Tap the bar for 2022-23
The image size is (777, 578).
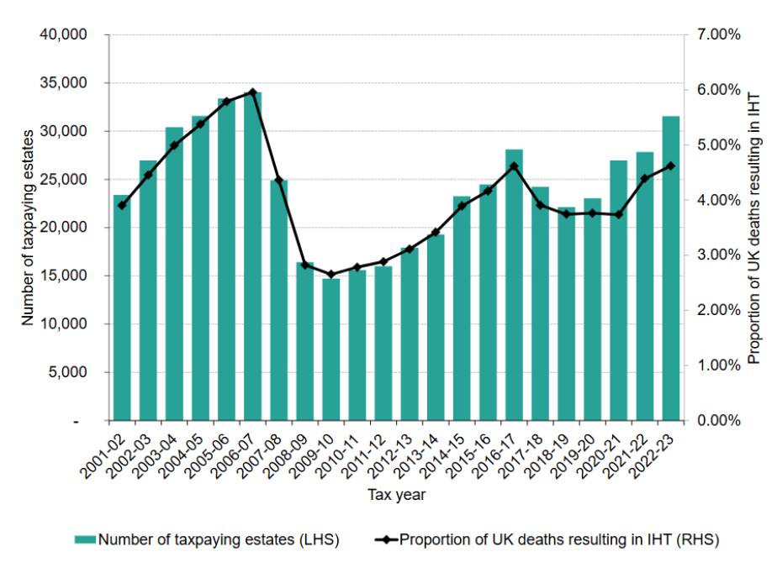671,268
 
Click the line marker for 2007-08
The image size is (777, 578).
279,181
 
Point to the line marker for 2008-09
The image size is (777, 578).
305,265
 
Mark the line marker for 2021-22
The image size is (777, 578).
645,178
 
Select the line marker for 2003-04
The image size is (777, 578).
174,145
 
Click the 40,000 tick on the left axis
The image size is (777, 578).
65,35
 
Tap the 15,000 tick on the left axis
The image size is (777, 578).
65,276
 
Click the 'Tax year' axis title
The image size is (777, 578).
396,495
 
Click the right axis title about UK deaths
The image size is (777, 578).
753,227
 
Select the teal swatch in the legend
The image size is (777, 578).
86,540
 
